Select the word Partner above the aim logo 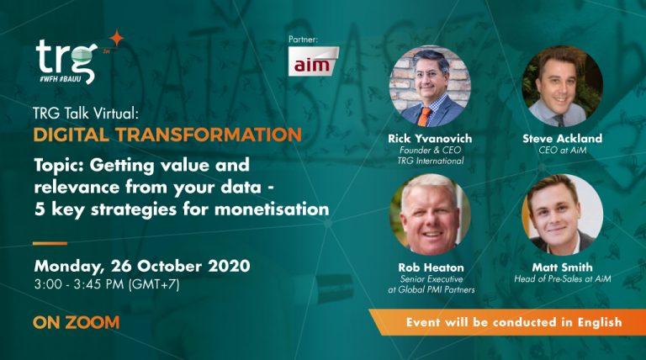304,39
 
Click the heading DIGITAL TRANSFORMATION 167,135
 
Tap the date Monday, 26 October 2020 141,266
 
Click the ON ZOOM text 77,322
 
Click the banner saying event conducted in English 513,322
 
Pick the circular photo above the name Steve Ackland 562,86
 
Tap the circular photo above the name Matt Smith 562,214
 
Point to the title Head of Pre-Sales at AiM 563,278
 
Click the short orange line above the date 50,243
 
